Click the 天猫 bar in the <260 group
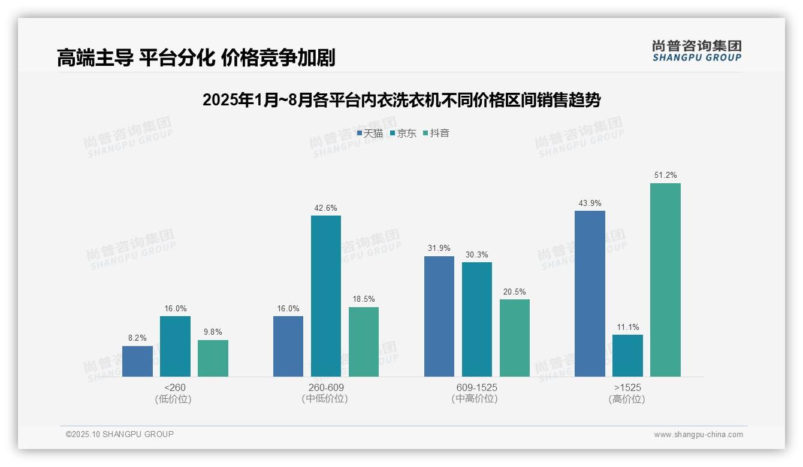137,361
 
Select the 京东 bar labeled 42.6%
326,296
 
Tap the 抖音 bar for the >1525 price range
665,280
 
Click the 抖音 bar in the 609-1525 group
515,338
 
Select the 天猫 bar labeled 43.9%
590,293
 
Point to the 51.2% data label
665,175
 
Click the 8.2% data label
137,338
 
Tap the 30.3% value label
476,254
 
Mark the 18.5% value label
364,299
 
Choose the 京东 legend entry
403,133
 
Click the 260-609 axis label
326,387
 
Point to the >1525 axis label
627,387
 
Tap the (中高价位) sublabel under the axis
475,399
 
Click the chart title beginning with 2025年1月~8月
402,100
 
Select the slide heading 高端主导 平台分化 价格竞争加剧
196,57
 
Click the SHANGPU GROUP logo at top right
696,50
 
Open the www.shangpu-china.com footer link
698,435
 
